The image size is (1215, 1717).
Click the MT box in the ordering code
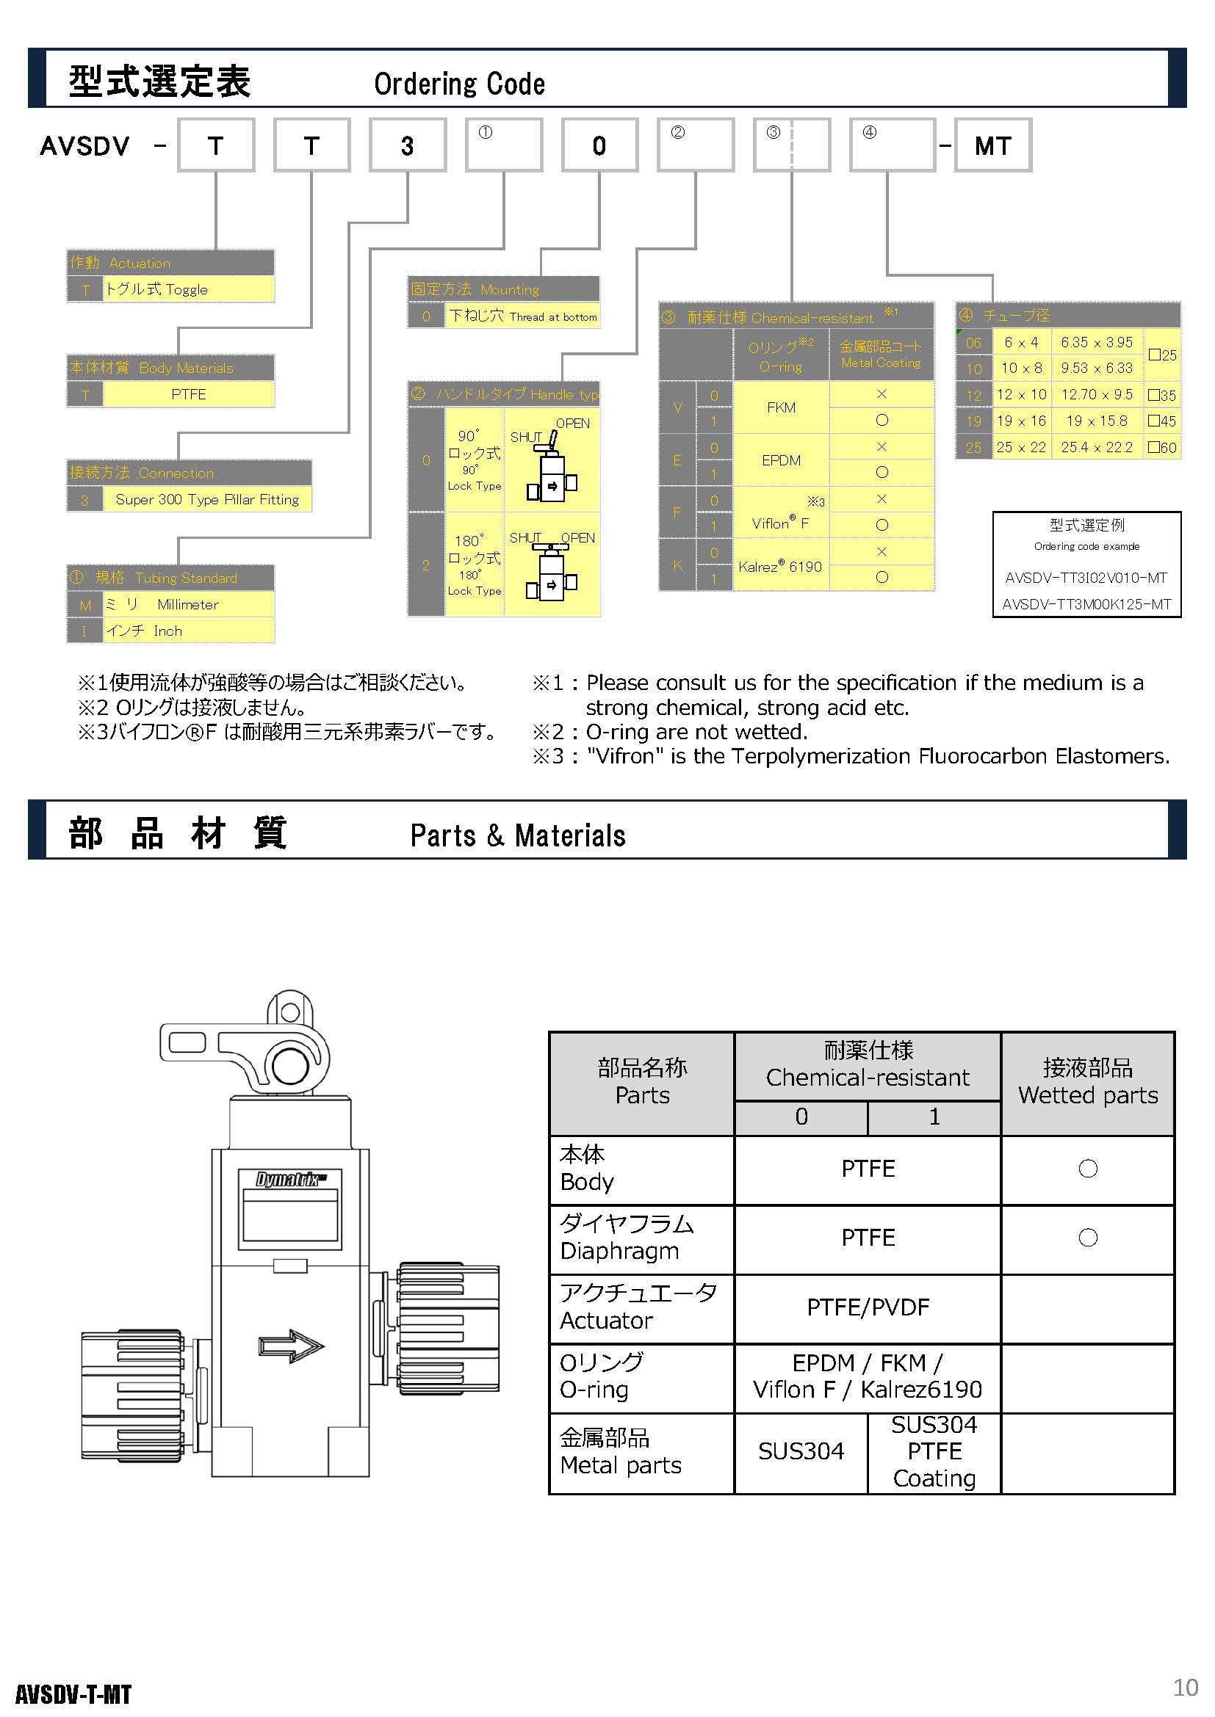coord(993,146)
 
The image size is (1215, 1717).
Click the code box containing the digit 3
coord(407,146)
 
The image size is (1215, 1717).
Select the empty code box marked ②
coord(695,146)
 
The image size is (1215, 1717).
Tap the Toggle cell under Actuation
coord(188,289)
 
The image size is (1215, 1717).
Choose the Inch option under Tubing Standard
coord(188,631)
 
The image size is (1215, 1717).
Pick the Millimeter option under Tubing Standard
coord(188,604)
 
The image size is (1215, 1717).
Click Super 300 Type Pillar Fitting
coord(206,500)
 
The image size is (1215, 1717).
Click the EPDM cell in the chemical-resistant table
coord(781,460)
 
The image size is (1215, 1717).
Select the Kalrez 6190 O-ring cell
coord(781,566)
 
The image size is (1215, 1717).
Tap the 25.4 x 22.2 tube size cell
coord(1097,447)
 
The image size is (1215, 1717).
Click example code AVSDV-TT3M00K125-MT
coord(1086,604)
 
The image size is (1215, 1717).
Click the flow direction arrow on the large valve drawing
coord(291,1346)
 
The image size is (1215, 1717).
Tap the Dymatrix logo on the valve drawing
coord(290,1180)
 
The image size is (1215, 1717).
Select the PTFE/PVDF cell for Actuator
coord(868,1307)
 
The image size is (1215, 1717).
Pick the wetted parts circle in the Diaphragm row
coord(1088,1238)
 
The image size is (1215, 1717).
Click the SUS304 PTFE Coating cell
coord(934,1451)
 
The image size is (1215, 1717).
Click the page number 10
coord(1185,1688)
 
